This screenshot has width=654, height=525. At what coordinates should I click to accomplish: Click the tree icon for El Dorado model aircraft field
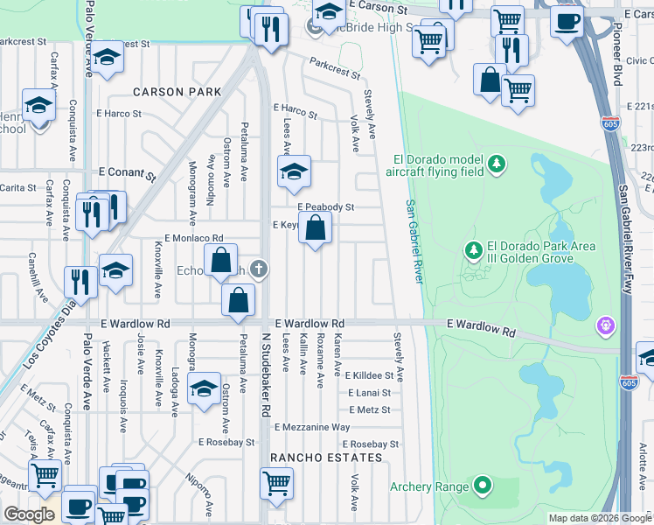[x=497, y=164]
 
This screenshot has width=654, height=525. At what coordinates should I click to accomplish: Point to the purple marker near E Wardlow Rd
[x=604, y=327]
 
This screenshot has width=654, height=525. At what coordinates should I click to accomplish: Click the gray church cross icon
[x=258, y=269]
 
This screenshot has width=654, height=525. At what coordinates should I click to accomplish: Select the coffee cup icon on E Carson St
[x=567, y=21]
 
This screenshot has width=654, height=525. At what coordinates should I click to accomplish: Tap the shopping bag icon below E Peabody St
[x=317, y=229]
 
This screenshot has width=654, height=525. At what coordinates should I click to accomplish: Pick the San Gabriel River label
[x=414, y=241]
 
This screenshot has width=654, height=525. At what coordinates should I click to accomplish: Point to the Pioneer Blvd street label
[x=616, y=61]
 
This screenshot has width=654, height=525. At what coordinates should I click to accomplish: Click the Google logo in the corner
[x=29, y=514]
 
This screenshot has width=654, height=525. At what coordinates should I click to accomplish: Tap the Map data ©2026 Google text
[x=600, y=518]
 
